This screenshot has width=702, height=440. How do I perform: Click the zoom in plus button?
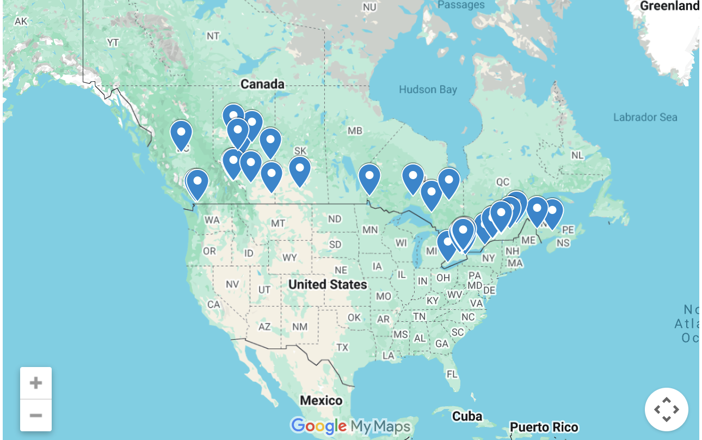pyautogui.click(x=36, y=383)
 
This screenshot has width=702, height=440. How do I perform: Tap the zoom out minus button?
pyautogui.click(x=36, y=415)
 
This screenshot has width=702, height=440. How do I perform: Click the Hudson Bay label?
pyautogui.click(x=428, y=90)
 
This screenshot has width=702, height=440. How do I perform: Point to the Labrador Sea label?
pyautogui.click(x=645, y=117)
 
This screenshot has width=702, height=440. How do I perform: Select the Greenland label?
pyautogui.click(x=669, y=6)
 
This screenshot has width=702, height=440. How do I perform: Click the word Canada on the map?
pyautogui.click(x=262, y=84)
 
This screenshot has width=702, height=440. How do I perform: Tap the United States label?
pyautogui.click(x=328, y=284)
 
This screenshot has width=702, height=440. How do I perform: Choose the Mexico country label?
pyautogui.click(x=321, y=401)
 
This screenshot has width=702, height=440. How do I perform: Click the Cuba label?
pyautogui.click(x=467, y=417)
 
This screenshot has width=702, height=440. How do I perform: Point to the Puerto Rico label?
pyautogui.click(x=544, y=427)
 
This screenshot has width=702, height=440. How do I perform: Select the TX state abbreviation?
pyautogui.click(x=342, y=347)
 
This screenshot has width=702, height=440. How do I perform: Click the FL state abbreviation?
pyautogui.click(x=452, y=375)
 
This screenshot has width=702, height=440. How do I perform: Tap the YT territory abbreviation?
pyautogui.click(x=113, y=42)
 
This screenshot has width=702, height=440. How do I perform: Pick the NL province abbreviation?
pyautogui.click(x=577, y=156)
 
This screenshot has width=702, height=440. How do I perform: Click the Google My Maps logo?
pyautogui.click(x=350, y=425)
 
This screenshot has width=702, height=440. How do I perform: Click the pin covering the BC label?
pyautogui.click(x=181, y=133)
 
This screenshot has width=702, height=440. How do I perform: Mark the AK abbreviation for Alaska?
pyautogui.click(x=21, y=21)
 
